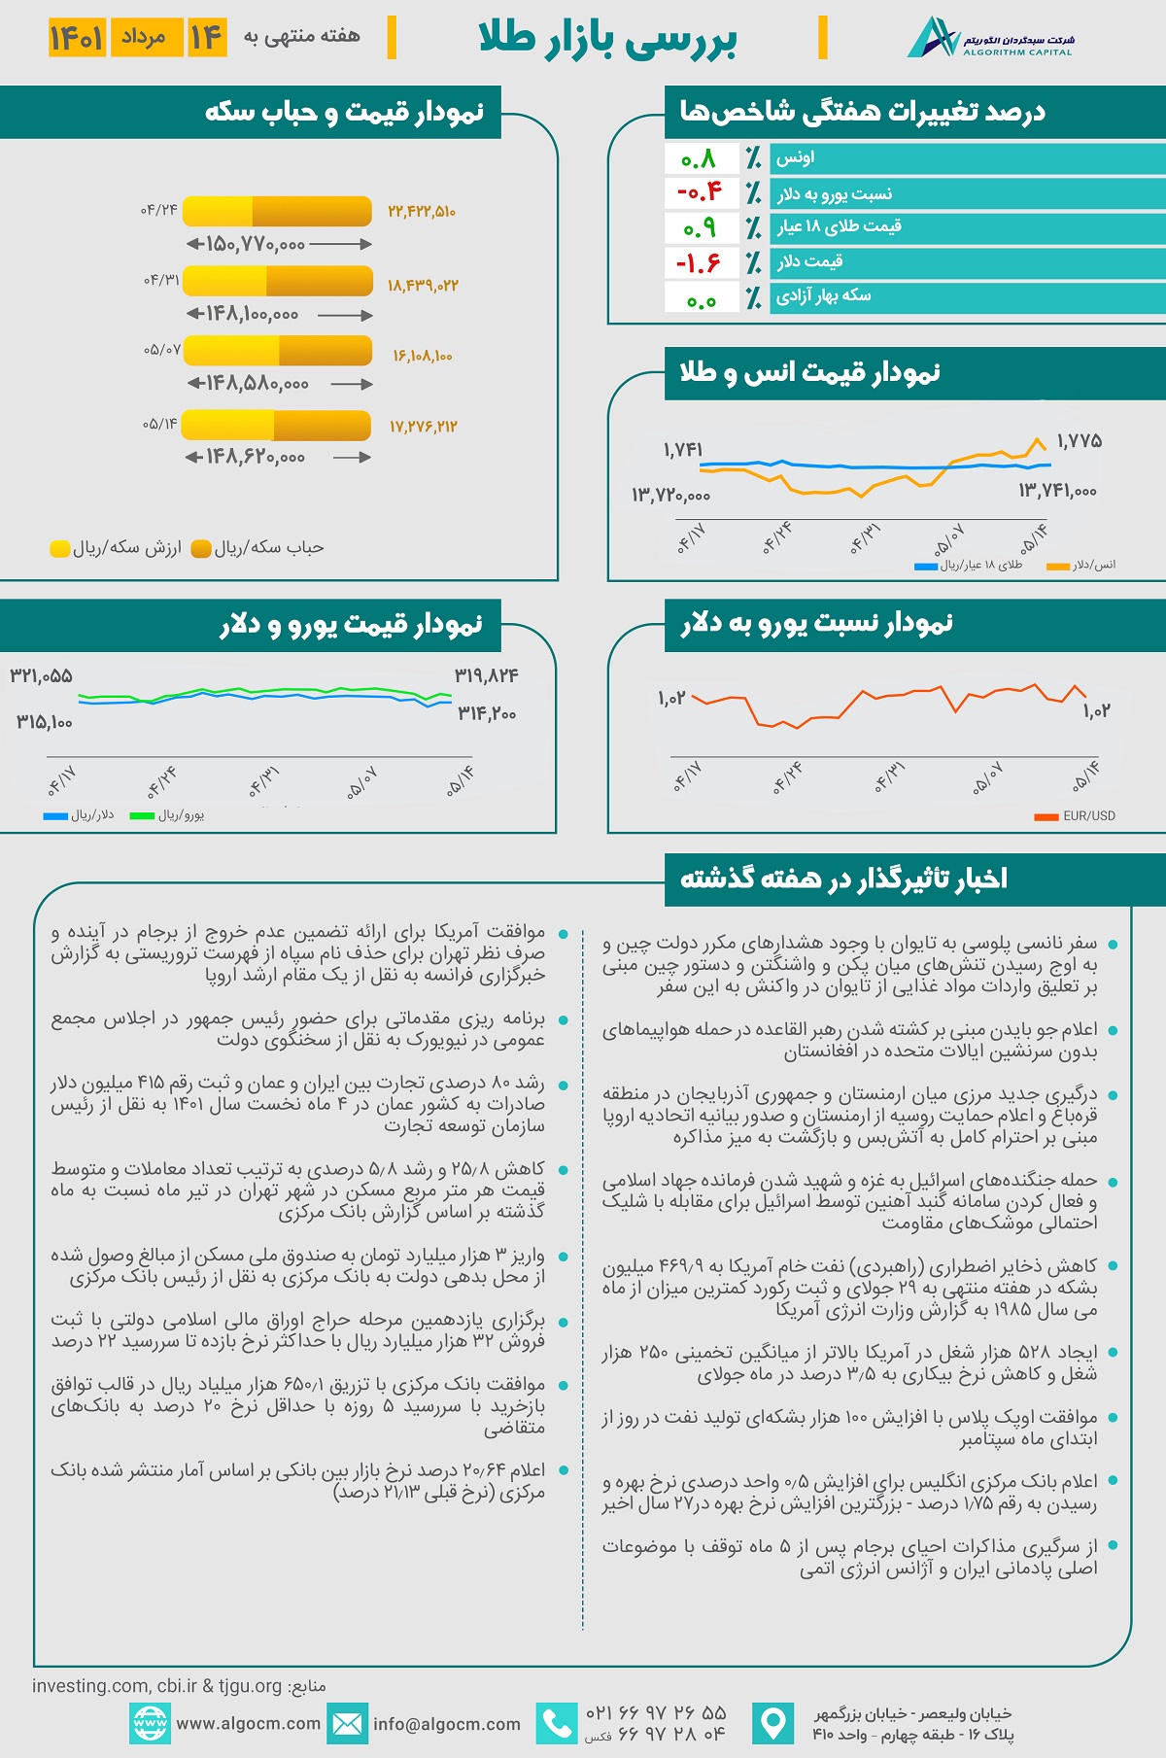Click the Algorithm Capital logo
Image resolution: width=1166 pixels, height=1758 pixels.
pos(989,38)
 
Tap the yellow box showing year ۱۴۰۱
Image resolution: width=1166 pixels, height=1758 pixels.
pos(77,38)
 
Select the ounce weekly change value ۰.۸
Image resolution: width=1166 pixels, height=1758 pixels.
pos(700,158)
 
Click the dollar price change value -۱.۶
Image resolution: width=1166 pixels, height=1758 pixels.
pos(700,262)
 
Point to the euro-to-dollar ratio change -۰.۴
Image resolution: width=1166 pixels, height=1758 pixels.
pos(700,192)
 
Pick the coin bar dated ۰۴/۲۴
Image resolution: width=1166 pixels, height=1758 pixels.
pos(277,211)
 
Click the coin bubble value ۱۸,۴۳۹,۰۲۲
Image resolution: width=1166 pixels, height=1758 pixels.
pos(423,286)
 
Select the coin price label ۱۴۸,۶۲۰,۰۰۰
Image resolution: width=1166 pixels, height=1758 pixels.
pos(256,457)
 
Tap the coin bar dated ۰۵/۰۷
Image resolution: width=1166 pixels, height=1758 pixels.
pos(277,351)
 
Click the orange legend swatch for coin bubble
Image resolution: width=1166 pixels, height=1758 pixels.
pos(201,549)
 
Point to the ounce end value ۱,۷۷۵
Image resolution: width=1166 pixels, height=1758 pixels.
pos(1079,441)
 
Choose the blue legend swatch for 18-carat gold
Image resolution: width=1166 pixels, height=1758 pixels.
pos(926,566)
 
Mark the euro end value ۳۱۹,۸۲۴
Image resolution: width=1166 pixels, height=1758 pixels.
pos(486,675)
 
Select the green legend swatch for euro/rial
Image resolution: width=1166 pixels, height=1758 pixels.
pos(142,816)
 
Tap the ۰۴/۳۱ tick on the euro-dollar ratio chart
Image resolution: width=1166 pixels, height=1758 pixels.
pos(888,777)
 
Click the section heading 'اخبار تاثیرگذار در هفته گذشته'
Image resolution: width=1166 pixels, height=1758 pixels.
pos(843,879)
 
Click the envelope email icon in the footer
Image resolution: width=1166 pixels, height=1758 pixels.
pos(347,1723)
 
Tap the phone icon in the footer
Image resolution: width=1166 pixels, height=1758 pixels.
pos(557,1723)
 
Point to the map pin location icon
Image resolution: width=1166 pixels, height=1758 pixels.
pos(773,1723)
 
